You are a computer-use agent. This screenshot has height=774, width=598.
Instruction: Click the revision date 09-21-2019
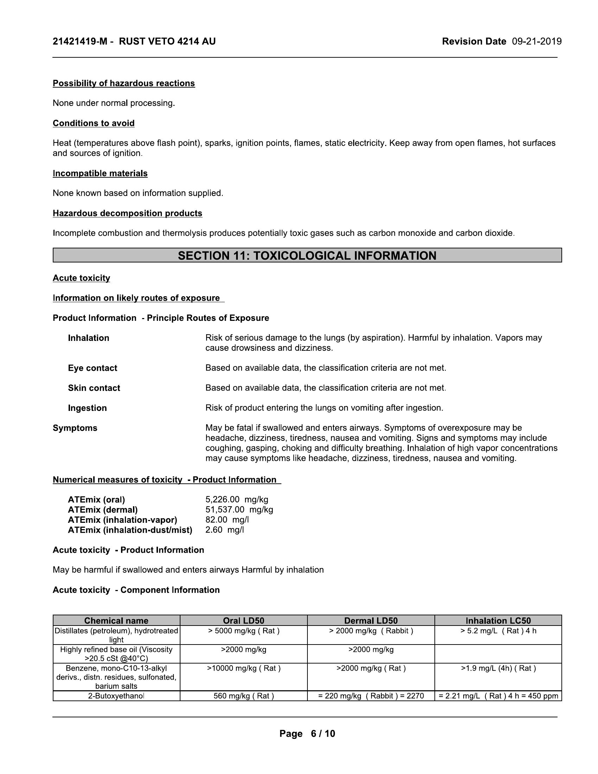[x=536, y=42]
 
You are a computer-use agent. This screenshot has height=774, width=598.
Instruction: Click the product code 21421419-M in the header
[x=80, y=42]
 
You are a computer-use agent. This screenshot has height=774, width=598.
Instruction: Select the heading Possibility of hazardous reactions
[x=123, y=83]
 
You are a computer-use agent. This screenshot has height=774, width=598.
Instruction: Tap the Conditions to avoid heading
[x=94, y=123]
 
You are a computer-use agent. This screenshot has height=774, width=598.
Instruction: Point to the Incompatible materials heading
[x=100, y=173]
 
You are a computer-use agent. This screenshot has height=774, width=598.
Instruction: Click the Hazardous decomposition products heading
[x=127, y=213]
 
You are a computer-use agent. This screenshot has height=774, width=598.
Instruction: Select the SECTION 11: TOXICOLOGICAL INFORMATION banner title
[x=307, y=255]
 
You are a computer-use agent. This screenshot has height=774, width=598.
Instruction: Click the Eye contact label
[x=93, y=368]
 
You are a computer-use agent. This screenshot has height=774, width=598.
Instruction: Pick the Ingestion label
[x=87, y=408]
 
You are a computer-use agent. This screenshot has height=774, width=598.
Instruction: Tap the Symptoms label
[x=75, y=428]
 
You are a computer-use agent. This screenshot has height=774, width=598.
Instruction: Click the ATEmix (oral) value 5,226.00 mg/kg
[x=237, y=500]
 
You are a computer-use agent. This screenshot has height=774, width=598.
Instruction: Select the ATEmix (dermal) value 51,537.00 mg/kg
[x=239, y=510]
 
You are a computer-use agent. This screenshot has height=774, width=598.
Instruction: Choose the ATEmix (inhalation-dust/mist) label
[x=130, y=530]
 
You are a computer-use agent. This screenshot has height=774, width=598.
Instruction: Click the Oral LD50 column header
[x=243, y=621]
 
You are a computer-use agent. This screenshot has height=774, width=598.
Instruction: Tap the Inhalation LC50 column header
[x=498, y=621]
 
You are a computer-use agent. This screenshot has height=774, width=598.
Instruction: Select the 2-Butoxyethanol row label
[x=116, y=696]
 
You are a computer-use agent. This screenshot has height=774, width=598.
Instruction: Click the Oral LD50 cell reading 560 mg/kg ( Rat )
[x=243, y=696]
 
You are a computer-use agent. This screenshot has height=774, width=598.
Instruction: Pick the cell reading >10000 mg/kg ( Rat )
[x=243, y=668]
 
